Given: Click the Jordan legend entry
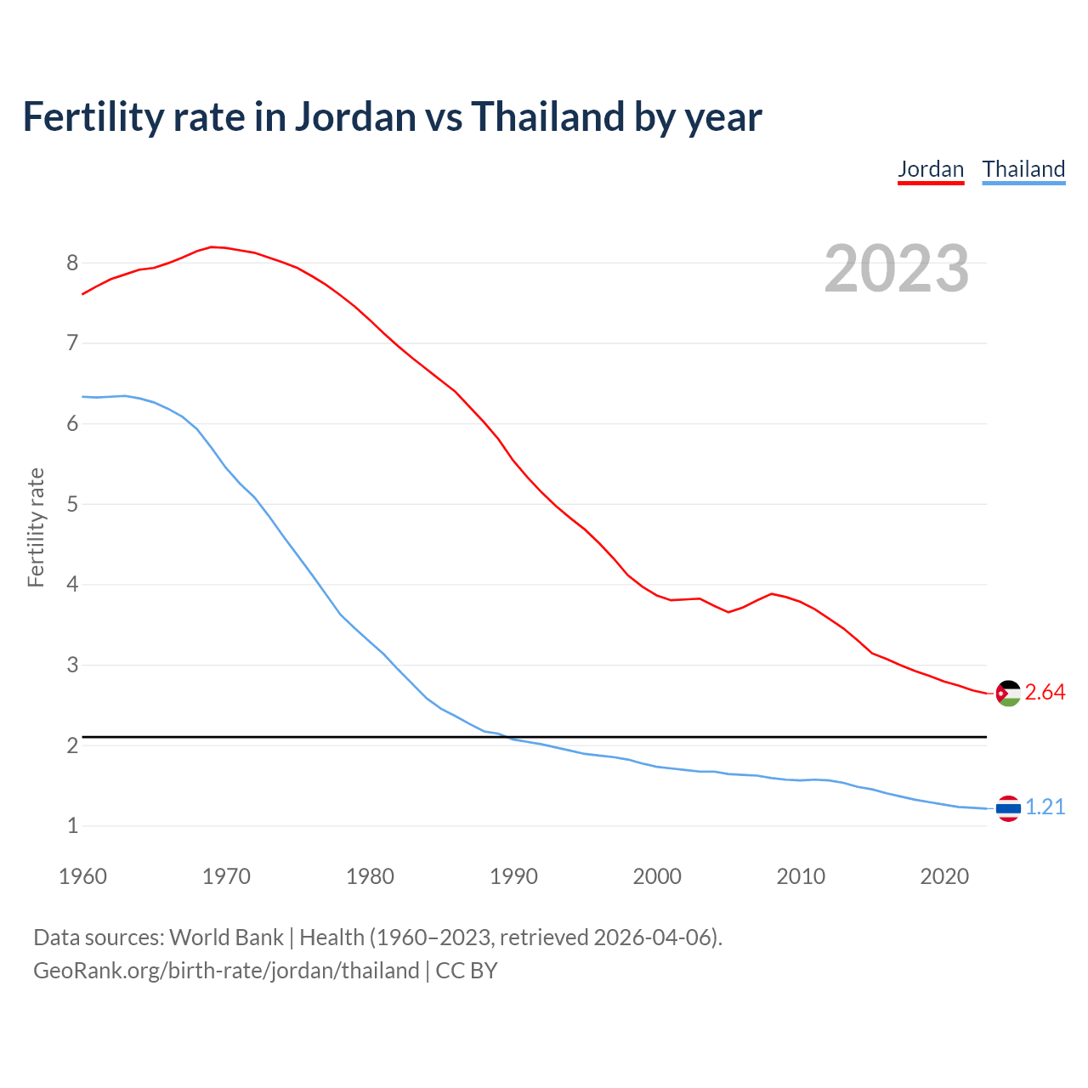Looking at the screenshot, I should coord(931,169).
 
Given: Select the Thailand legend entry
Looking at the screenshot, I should coord(1023,169).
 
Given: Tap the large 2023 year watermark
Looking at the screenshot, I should coord(896,269).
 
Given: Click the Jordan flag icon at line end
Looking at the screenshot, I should coord(1007,694).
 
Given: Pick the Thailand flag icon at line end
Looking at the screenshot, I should coord(1007,808).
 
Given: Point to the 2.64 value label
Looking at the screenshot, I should coord(1045,693).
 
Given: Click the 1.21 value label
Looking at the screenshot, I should coord(1045,807).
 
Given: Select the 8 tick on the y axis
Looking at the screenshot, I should coord(72,263).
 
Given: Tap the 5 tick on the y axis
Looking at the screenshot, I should coord(72,505).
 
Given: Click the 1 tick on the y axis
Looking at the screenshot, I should coord(72,826).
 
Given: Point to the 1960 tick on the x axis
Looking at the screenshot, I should coord(82,876).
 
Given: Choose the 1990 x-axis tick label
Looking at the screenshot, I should coord(513,876).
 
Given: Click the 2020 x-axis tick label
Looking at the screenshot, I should coord(944,876).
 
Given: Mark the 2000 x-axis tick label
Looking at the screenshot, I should coord(657,876).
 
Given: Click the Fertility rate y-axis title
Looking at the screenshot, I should coord(36,527).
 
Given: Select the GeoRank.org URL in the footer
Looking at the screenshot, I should coord(226,971).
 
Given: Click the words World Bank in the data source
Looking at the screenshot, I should coord(226,938).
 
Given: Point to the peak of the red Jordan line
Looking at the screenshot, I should coord(212,246).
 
